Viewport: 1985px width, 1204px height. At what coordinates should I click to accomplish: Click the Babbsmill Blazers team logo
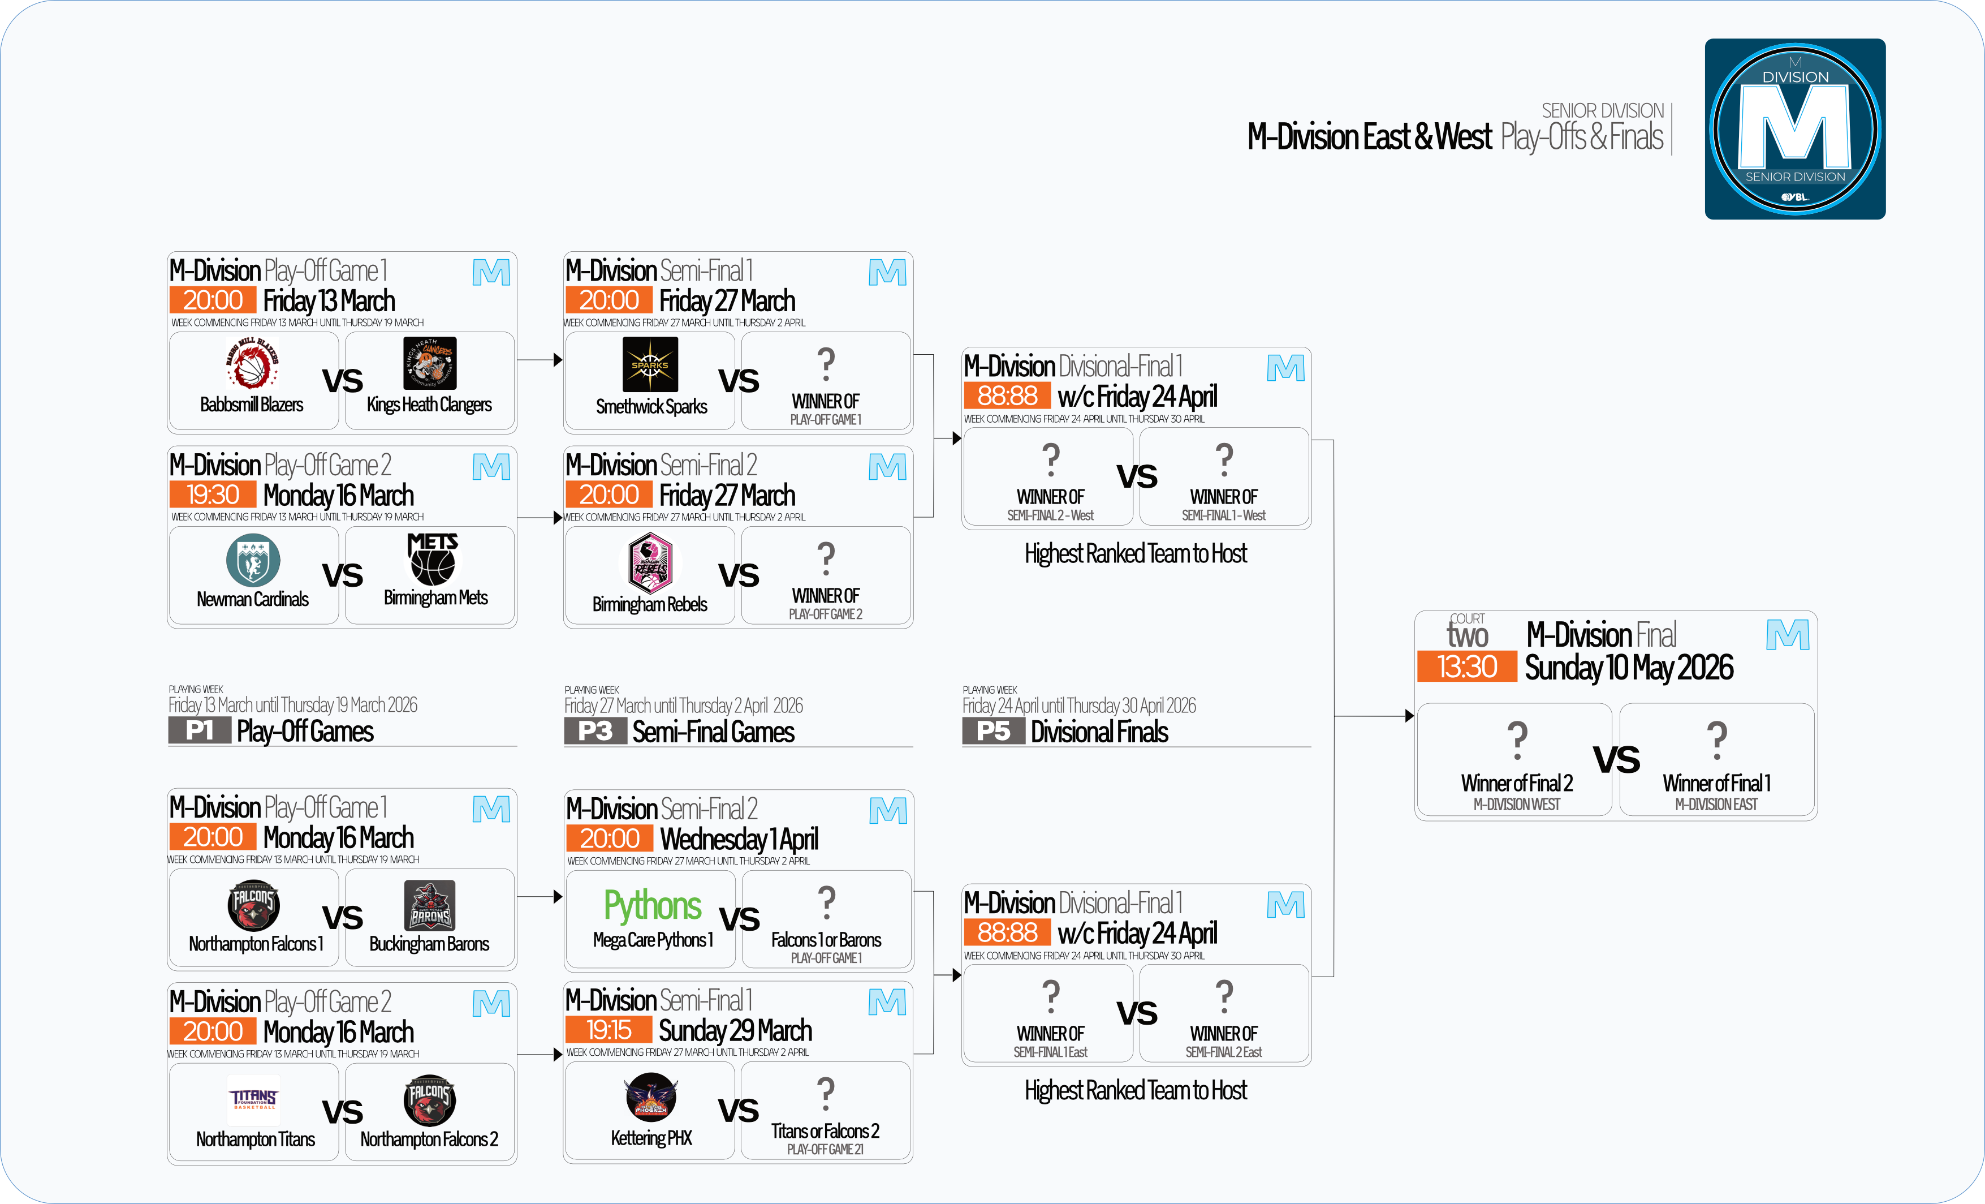[252, 363]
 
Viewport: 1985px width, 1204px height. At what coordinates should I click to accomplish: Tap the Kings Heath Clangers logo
[429, 363]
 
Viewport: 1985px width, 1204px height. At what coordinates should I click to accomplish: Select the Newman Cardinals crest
[253, 560]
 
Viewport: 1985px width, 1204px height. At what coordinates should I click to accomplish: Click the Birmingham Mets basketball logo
[433, 560]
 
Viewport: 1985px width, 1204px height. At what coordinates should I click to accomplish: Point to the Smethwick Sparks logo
[650, 364]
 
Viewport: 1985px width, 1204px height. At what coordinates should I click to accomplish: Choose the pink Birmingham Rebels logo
[650, 562]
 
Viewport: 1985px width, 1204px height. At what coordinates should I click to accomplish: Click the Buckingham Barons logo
[429, 905]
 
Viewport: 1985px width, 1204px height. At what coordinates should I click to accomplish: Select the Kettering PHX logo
[651, 1098]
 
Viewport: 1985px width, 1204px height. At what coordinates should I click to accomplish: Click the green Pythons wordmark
[653, 906]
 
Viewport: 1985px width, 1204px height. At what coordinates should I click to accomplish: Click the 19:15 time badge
[609, 1030]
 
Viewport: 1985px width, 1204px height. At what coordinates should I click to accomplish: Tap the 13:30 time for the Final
[1467, 667]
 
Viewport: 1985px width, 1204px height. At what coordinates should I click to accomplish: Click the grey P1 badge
[199, 731]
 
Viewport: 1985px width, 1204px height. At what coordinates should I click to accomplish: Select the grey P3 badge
[595, 731]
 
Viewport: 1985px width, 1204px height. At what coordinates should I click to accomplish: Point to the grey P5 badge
[993, 731]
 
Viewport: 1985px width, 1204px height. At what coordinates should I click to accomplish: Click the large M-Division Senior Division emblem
[1795, 129]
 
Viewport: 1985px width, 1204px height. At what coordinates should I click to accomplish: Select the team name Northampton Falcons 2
[429, 1139]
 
